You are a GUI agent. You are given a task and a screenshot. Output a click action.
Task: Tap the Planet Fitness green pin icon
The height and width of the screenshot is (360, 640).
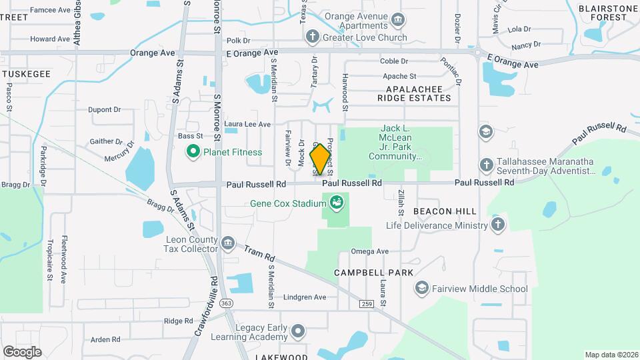click(193, 152)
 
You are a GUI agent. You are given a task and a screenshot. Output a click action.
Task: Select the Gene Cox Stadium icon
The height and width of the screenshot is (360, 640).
click(337, 201)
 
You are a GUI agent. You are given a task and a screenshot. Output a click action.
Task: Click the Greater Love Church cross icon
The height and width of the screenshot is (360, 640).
click(311, 37)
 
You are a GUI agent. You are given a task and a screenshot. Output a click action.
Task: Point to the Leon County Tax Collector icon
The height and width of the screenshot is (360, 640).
click(228, 241)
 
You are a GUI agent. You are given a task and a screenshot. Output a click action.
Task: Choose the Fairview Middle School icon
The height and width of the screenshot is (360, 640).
click(421, 288)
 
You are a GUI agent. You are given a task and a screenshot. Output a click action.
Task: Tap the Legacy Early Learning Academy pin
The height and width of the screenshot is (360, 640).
click(298, 331)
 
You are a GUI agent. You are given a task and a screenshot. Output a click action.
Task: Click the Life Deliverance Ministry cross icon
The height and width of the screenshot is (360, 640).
click(497, 225)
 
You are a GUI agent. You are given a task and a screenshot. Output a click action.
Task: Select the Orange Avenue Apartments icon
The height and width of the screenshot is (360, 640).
click(398, 19)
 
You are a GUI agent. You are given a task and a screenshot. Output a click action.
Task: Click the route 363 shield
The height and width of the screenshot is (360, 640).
click(227, 303)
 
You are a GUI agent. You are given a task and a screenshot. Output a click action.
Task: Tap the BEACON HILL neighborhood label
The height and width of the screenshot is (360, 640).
click(445, 211)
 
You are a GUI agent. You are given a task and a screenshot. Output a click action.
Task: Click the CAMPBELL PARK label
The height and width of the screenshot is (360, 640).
click(373, 273)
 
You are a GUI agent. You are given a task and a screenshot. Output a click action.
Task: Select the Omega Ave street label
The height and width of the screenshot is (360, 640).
click(370, 251)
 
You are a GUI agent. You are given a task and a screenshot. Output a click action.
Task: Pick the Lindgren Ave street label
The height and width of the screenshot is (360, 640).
click(305, 297)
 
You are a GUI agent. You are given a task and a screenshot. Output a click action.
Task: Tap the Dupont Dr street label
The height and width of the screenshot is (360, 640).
click(104, 109)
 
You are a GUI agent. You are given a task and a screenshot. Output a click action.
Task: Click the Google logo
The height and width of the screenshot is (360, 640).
click(22, 351)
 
